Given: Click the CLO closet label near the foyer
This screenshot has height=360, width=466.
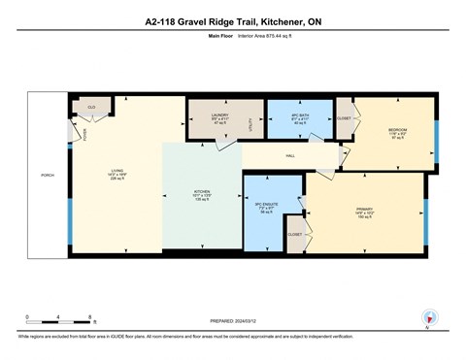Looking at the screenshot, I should click(x=91, y=107).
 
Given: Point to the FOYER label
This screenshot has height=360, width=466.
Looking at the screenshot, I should click(x=84, y=134).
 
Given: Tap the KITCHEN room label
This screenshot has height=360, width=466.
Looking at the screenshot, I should click(x=201, y=192).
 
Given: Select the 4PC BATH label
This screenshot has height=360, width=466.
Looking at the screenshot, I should click(x=299, y=115).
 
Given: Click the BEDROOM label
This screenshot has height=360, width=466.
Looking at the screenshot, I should click(x=397, y=130).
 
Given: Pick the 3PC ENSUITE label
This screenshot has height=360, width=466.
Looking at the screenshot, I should click(x=266, y=205).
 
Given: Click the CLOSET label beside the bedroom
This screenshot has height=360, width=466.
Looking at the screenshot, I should click(x=344, y=118).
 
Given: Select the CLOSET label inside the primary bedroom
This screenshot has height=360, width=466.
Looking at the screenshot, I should click(x=293, y=235).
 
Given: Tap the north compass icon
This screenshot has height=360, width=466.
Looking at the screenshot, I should click(x=427, y=317).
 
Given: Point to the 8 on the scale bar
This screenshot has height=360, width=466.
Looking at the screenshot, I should click(x=90, y=317).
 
